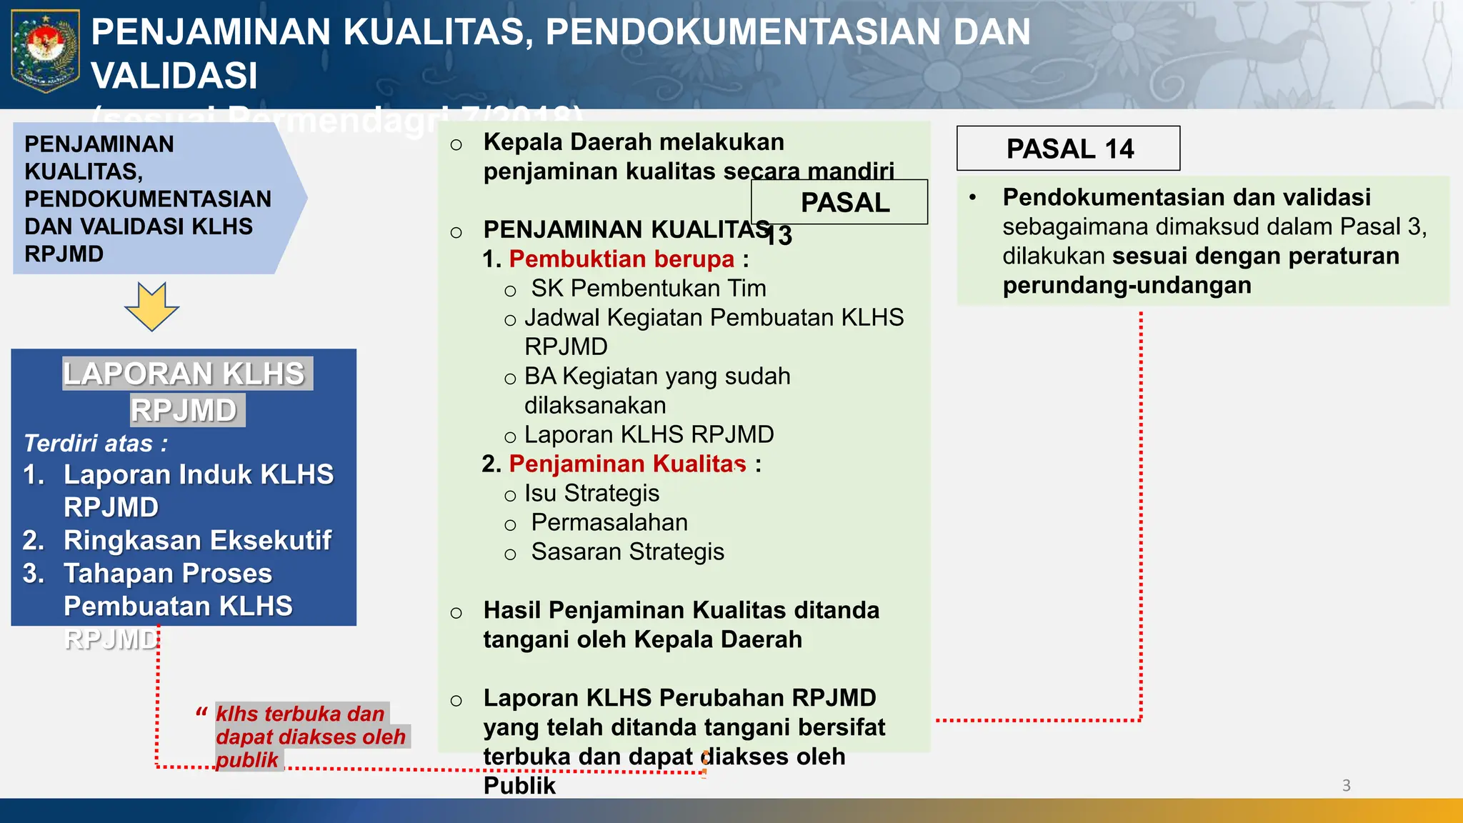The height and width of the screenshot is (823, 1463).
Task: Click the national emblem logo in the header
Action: (45, 51)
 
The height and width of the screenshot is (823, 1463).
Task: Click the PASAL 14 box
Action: (1068, 149)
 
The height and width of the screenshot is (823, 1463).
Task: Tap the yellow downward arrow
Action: (151, 306)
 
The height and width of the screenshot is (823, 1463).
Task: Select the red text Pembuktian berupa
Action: (621, 259)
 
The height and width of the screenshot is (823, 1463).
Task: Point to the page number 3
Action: (1346, 785)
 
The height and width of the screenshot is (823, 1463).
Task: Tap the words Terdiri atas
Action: (96, 443)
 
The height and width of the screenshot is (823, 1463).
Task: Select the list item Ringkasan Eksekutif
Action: (197, 540)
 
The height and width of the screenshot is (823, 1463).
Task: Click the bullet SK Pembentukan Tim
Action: (648, 288)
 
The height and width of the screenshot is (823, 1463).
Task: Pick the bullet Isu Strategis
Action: (591, 493)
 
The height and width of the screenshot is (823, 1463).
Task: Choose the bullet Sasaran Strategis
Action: (627, 552)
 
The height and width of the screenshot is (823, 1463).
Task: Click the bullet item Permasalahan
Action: (609, 522)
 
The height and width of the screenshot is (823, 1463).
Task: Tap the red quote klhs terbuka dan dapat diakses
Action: (310, 737)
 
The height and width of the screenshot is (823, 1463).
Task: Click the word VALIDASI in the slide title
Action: (174, 76)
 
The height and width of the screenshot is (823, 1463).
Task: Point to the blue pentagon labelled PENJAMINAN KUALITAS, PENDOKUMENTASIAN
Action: (147, 199)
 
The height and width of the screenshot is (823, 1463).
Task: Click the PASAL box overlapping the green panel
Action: (844, 202)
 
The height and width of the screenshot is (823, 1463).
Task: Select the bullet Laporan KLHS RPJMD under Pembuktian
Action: (649, 434)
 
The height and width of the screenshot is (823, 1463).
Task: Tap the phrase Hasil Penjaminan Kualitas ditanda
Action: (681, 610)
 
